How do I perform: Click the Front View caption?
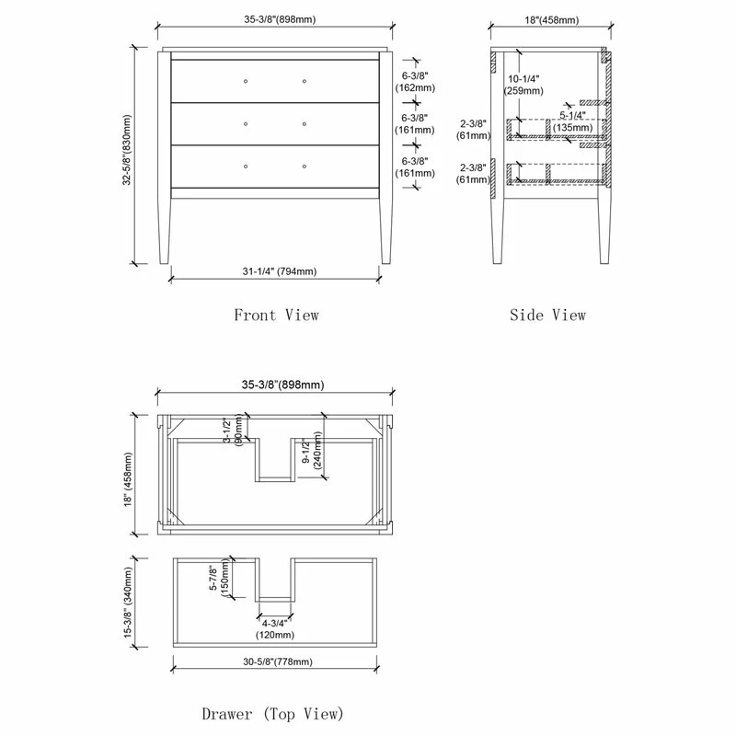[x=276, y=315]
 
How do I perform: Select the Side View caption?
[x=547, y=315]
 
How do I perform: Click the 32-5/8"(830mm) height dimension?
[x=127, y=156]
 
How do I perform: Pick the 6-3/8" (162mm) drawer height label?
[x=414, y=82]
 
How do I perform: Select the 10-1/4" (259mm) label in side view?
[x=523, y=86]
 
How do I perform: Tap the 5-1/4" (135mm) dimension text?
[x=572, y=121]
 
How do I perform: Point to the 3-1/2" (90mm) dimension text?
[x=233, y=430]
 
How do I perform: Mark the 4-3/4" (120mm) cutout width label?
[x=276, y=629]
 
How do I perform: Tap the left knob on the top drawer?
[x=246, y=82]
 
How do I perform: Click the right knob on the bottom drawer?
[x=304, y=166]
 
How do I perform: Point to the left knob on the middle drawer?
[x=246, y=123]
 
